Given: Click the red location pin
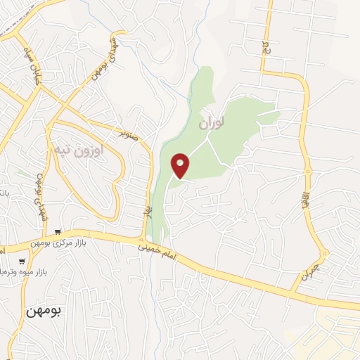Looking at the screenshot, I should click(x=181, y=165).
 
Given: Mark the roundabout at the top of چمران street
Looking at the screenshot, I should click(x=323, y=253).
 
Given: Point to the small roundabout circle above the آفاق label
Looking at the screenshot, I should click(x=307, y=171).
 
